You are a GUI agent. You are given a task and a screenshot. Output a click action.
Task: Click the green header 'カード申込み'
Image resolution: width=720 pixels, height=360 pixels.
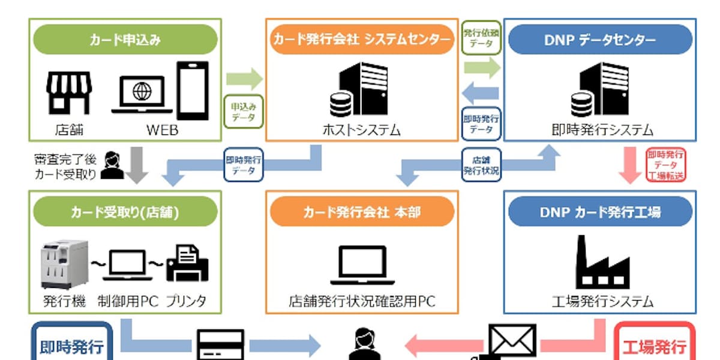point(125,40)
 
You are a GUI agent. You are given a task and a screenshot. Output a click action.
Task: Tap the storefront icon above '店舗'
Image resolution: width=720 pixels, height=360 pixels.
point(70,93)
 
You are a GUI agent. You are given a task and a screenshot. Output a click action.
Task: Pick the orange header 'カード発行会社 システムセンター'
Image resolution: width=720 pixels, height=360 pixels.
point(361,40)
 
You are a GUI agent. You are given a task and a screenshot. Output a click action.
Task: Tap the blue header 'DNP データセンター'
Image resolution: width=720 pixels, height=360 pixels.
point(599,40)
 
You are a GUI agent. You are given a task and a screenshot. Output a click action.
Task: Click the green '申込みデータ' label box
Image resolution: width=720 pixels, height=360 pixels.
point(243,111)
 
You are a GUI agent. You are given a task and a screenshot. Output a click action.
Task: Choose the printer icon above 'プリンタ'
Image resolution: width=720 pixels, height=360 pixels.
point(187,262)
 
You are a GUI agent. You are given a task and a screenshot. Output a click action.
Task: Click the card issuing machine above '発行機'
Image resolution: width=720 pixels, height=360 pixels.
point(64,264)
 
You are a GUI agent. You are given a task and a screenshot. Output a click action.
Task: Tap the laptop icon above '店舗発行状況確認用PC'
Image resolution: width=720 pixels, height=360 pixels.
point(362,265)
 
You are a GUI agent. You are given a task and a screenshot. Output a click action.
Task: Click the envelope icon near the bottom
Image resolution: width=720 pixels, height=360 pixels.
point(512,341)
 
